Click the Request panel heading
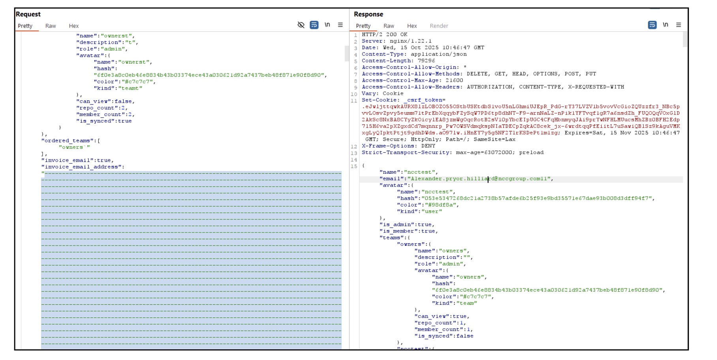[28, 14]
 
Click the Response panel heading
[368, 14]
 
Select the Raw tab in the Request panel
[51, 26]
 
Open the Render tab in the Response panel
[439, 26]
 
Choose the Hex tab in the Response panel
[412, 26]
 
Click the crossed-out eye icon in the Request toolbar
[301, 25]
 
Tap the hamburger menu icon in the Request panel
[340, 25]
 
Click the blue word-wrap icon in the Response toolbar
[652, 25]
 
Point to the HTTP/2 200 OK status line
[385, 35]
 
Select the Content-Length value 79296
[426, 61]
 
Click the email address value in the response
[480, 179]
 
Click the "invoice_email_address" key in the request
[81, 167]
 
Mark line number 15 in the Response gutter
[354, 166]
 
